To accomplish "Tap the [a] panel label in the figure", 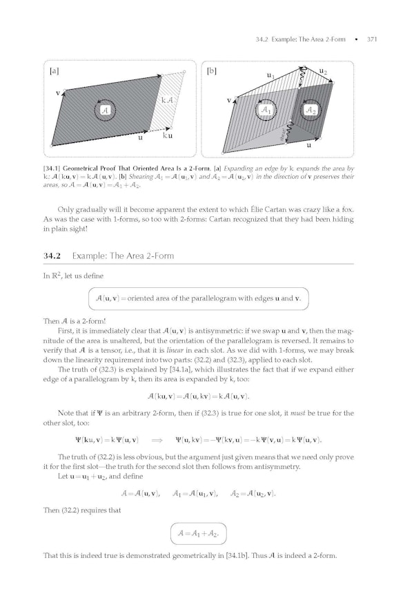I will [55, 70].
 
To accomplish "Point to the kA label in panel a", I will [166, 101].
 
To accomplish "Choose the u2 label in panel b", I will [323, 70].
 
